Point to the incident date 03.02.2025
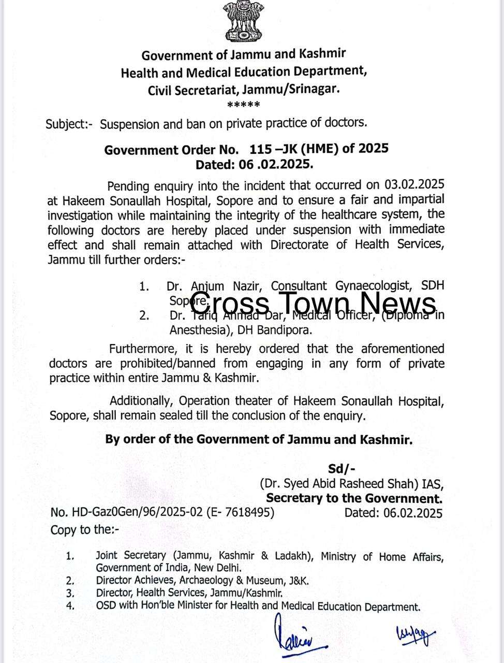(414, 185)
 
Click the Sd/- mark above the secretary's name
(342, 469)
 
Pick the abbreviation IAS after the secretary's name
(433, 484)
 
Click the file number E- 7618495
(240, 513)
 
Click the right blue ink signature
(414, 635)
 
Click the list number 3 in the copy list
(70, 594)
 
